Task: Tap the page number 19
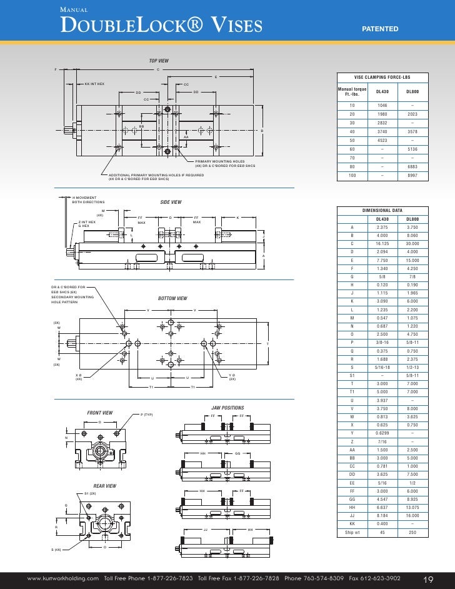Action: (429, 578)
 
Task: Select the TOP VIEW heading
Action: (159, 61)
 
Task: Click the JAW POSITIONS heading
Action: (227, 408)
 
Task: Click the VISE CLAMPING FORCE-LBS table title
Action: (382, 77)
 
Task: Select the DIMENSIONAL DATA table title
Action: (382, 211)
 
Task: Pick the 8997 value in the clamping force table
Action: (412, 176)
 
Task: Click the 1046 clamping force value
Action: (382, 106)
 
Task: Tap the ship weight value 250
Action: (412, 533)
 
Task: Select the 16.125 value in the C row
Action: (382, 243)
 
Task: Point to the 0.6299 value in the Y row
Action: (382, 433)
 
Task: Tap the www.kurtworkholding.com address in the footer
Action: (62, 578)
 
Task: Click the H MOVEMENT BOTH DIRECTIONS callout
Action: (88, 199)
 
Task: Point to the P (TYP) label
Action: (147, 415)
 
